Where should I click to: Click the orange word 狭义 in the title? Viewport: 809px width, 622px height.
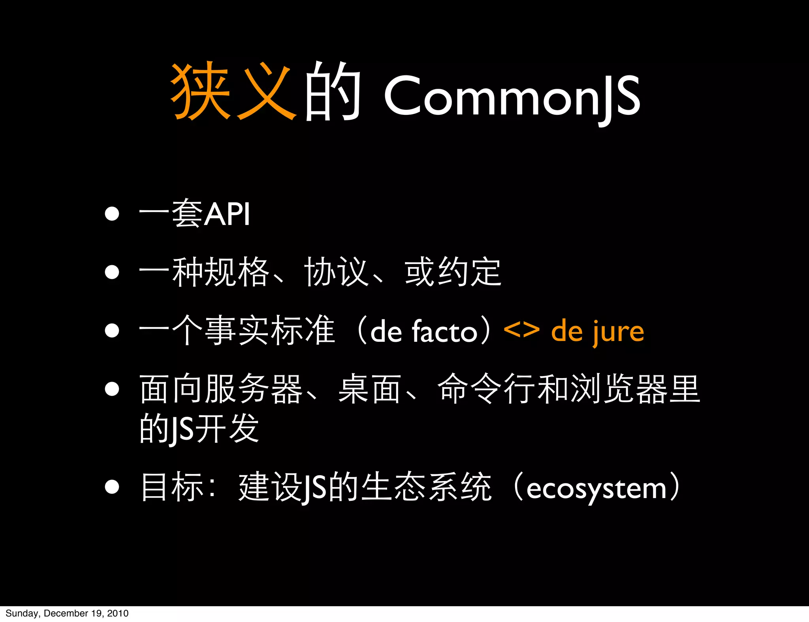pyautogui.click(x=233, y=92)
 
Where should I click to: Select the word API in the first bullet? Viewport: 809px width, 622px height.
pyautogui.click(x=227, y=214)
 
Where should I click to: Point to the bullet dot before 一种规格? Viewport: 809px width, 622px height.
pyautogui.click(x=112, y=272)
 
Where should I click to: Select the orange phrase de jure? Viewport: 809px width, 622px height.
pyautogui.click(x=597, y=332)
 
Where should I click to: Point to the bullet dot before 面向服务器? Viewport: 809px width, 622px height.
pyautogui.click(x=112, y=389)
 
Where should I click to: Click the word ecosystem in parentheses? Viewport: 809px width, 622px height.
pyautogui.click(x=596, y=489)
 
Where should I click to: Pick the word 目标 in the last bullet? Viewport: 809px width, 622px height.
pyautogui.click(x=172, y=487)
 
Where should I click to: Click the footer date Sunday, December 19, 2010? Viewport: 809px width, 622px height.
pyautogui.click(x=67, y=613)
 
